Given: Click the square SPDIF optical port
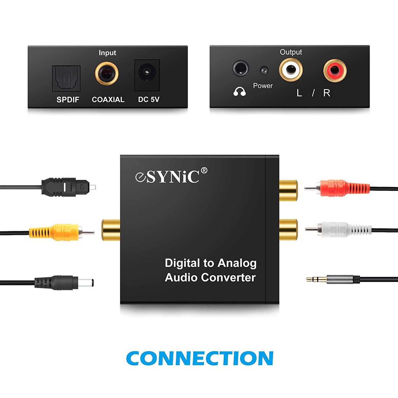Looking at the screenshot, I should [x=66, y=78].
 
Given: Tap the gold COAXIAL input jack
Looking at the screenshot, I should [x=107, y=73].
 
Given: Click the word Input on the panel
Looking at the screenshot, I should [x=107, y=53].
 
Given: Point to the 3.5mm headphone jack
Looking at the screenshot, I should [x=241, y=68].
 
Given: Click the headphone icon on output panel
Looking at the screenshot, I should [x=239, y=92].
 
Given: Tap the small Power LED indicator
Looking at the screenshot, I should [x=264, y=71].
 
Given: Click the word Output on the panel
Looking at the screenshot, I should [x=291, y=52].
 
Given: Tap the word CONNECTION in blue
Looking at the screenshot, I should [x=200, y=358].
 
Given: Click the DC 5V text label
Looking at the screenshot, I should [x=149, y=99].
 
